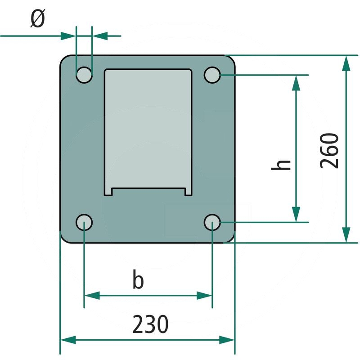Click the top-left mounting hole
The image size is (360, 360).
click(84, 75)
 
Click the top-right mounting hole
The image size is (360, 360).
click(212, 75)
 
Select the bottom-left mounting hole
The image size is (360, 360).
click(84, 222)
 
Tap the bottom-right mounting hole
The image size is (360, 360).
click(212, 222)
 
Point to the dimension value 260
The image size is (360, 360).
click(330, 150)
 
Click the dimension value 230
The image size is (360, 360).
click(150, 324)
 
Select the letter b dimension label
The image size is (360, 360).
click(138, 280)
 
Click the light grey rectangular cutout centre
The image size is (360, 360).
click(148, 130)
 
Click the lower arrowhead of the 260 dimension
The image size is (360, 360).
click(346, 235)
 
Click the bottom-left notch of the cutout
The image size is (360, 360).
click(108, 192)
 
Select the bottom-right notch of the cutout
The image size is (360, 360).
click(188, 192)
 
